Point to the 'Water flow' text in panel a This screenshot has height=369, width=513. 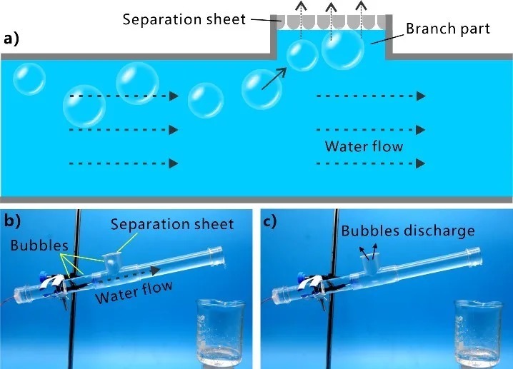pyautogui.click(x=364, y=147)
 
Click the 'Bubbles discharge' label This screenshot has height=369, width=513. pyautogui.click(x=407, y=231)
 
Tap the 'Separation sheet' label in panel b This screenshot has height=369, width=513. pyautogui.click(x=172, y=224)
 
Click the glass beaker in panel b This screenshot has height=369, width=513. pyautogui.click(x=219, y=333)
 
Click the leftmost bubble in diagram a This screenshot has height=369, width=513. pyautogui.click(x=29, y=79)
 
